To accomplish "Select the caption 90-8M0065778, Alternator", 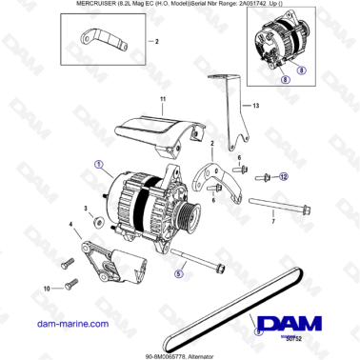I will coord(180,351).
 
